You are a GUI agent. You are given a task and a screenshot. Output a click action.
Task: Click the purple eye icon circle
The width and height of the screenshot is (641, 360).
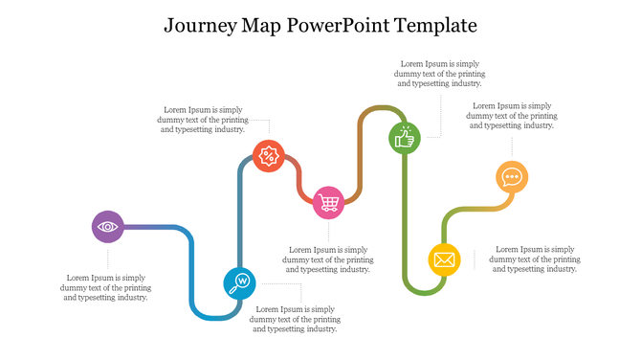coord(107,227)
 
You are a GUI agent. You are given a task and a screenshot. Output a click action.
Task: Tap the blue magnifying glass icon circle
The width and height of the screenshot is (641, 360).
coord(239,282)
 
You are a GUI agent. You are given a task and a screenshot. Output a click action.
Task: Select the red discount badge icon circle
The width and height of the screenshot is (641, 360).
coord(269,155)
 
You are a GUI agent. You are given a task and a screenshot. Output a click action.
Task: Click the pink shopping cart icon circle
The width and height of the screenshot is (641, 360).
coord(329,202)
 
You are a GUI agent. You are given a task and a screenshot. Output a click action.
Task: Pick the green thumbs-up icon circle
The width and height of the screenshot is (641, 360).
coord(404,137)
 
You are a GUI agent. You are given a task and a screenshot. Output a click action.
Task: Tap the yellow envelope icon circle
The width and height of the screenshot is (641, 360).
coord(443,259)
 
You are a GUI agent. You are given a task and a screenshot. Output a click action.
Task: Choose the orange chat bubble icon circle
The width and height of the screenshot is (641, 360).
coord(512,177)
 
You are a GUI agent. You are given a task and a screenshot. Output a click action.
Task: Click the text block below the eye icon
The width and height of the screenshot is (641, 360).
coord(105,287)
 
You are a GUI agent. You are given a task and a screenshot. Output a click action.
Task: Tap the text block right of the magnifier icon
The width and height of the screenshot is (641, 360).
coord(295,319)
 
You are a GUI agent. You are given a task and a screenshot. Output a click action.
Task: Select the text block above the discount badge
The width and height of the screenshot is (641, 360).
coord(203,119)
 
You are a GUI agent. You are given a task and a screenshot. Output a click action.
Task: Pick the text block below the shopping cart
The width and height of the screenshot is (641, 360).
coord(329,259)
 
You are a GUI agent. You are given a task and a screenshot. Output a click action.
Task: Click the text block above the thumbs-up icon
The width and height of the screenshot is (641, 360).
coord(439,74)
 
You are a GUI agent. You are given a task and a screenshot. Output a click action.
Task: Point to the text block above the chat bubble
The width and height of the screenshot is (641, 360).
coord(511,115)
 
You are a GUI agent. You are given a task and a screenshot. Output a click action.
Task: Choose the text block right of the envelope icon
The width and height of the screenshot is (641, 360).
coord(535,259)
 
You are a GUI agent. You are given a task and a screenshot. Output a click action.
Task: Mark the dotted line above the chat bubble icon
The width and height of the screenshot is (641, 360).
coord(512,147)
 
